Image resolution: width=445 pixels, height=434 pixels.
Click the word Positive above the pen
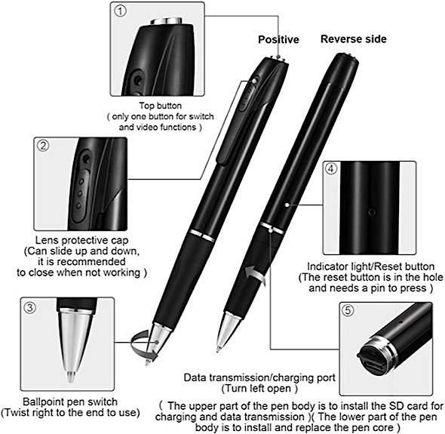[x=278, y=39]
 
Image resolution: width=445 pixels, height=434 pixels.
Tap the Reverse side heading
[x=354, y=38]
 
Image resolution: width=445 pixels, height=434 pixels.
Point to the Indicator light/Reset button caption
[x=372, y=266]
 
